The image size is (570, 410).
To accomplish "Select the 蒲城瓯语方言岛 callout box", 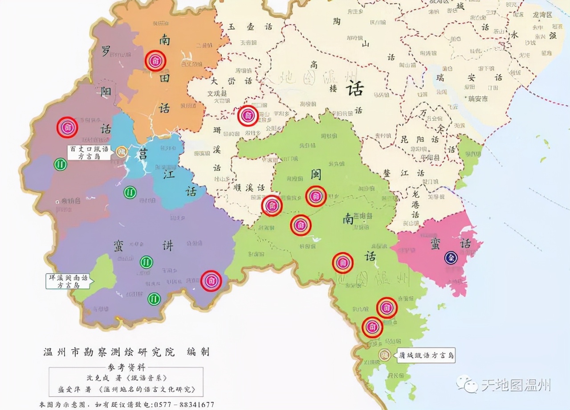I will click(x=426, y=356).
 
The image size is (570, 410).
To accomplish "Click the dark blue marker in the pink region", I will click(x=451, y=258).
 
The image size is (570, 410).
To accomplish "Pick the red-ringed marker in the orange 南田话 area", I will click(x=155, y=61).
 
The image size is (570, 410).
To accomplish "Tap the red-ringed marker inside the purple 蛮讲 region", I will click(x=211, y=281).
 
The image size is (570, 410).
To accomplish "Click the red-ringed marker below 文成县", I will click(x=248, y=116).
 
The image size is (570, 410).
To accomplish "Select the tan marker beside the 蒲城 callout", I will click(x=384, y=355).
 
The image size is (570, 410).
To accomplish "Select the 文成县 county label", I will click(x=217, y=94).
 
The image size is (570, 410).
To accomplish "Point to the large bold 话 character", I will click(x=354, y=89).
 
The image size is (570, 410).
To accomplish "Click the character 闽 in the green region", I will click(x=316, y=174).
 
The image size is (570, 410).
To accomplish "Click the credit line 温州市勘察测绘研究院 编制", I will click(x=126, y=352).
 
